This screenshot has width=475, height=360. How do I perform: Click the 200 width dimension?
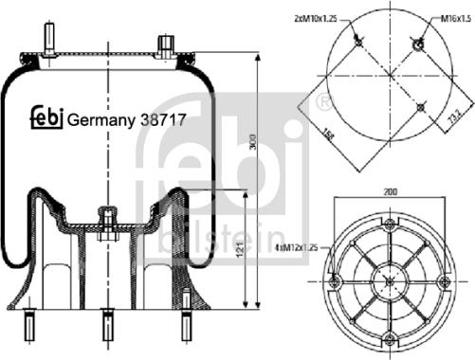pyautogui.click(x=391, y=191)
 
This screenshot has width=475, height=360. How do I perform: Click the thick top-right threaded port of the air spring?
pyautogui.click(x=166, y=45)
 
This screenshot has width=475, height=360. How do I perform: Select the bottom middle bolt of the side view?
pyautogui.click(x=103, y=327)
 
